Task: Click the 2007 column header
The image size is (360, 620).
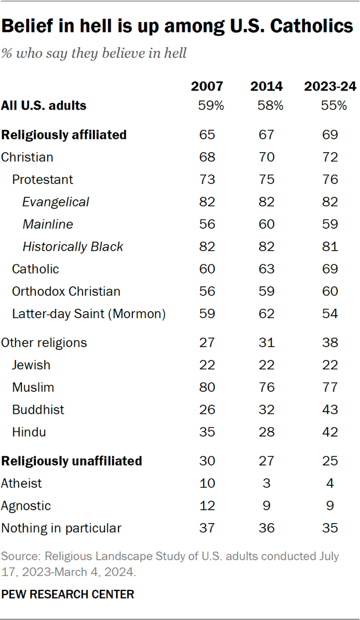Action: pos(207,86)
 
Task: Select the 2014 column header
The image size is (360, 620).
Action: pos(267,86)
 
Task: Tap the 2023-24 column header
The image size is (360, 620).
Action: pos(330,86)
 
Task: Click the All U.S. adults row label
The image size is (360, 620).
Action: pos(44,106)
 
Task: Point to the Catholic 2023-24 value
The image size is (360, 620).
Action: pos(330,269)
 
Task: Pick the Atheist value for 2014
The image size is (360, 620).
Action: pos(267,484)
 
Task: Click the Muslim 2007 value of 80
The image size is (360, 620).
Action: pos(207,387)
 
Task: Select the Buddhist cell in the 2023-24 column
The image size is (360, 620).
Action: pos(330,410)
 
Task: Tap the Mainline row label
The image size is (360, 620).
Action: pos(48,224)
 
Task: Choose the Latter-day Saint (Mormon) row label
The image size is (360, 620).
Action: pos(89,314)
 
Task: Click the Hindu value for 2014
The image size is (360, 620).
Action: pos(267,432)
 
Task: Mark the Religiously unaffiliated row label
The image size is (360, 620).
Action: pos(71,461)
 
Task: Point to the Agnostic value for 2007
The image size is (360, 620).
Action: pos(207,506)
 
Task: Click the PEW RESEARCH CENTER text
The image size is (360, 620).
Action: pos(67,594)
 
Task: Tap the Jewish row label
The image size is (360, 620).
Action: pos(31,365)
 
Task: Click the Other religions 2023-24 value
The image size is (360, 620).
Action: pos(330,343)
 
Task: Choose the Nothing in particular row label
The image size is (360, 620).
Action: pos(62,528)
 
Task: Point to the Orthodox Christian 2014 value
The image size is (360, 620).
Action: pos(267,291)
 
